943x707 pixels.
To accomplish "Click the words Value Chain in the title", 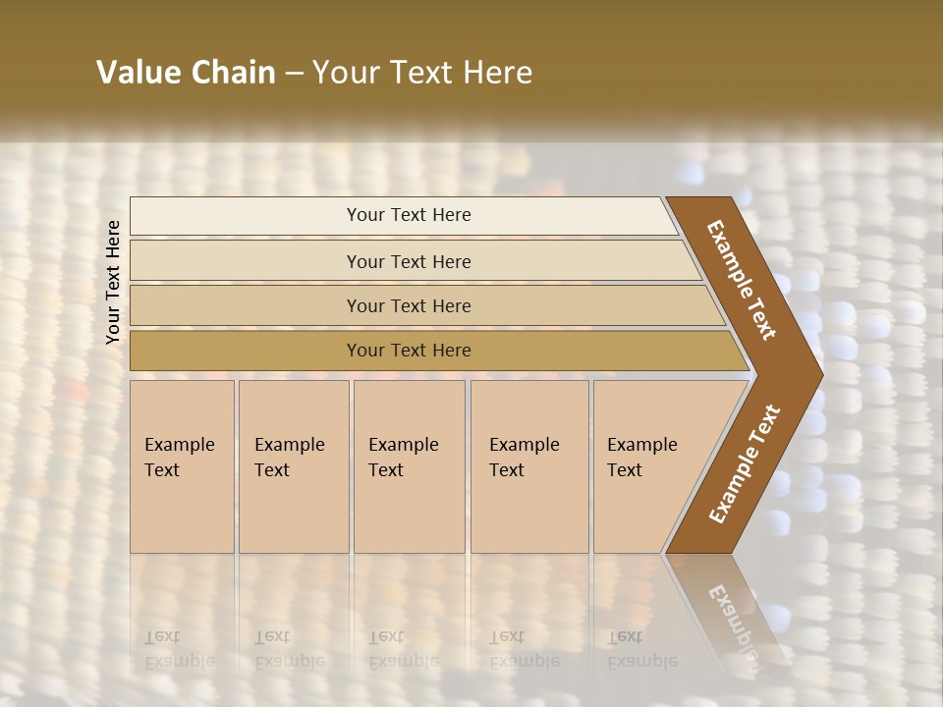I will [x=186, y=73].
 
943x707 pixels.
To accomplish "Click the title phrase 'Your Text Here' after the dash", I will [x=422, y=73].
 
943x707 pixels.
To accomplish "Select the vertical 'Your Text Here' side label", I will [x=113, y=282].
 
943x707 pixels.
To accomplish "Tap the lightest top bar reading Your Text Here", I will [x=408, y=215].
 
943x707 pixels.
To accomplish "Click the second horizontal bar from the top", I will [x=408, y=261].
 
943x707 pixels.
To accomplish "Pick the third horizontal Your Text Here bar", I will [x=408, y=305].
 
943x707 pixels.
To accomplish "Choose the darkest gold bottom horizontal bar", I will [x=408, y=351].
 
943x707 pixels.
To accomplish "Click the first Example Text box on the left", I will [x=182, y=466].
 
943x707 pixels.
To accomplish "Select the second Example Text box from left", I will [x=293, y=466].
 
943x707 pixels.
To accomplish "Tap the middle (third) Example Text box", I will [x=408, y=466].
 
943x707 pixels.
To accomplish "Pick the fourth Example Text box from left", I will [x=528, y=466].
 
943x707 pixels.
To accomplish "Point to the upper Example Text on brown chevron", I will [x=742, y=280].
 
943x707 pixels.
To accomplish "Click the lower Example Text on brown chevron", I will [x=745, y=463].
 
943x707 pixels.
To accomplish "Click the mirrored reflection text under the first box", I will [x=179, y=649].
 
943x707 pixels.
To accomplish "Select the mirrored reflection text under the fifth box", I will [x=641, y=649].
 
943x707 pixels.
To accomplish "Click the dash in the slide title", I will [x=294, y=74].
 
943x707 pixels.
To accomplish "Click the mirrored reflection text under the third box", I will [x=403, y=649].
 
